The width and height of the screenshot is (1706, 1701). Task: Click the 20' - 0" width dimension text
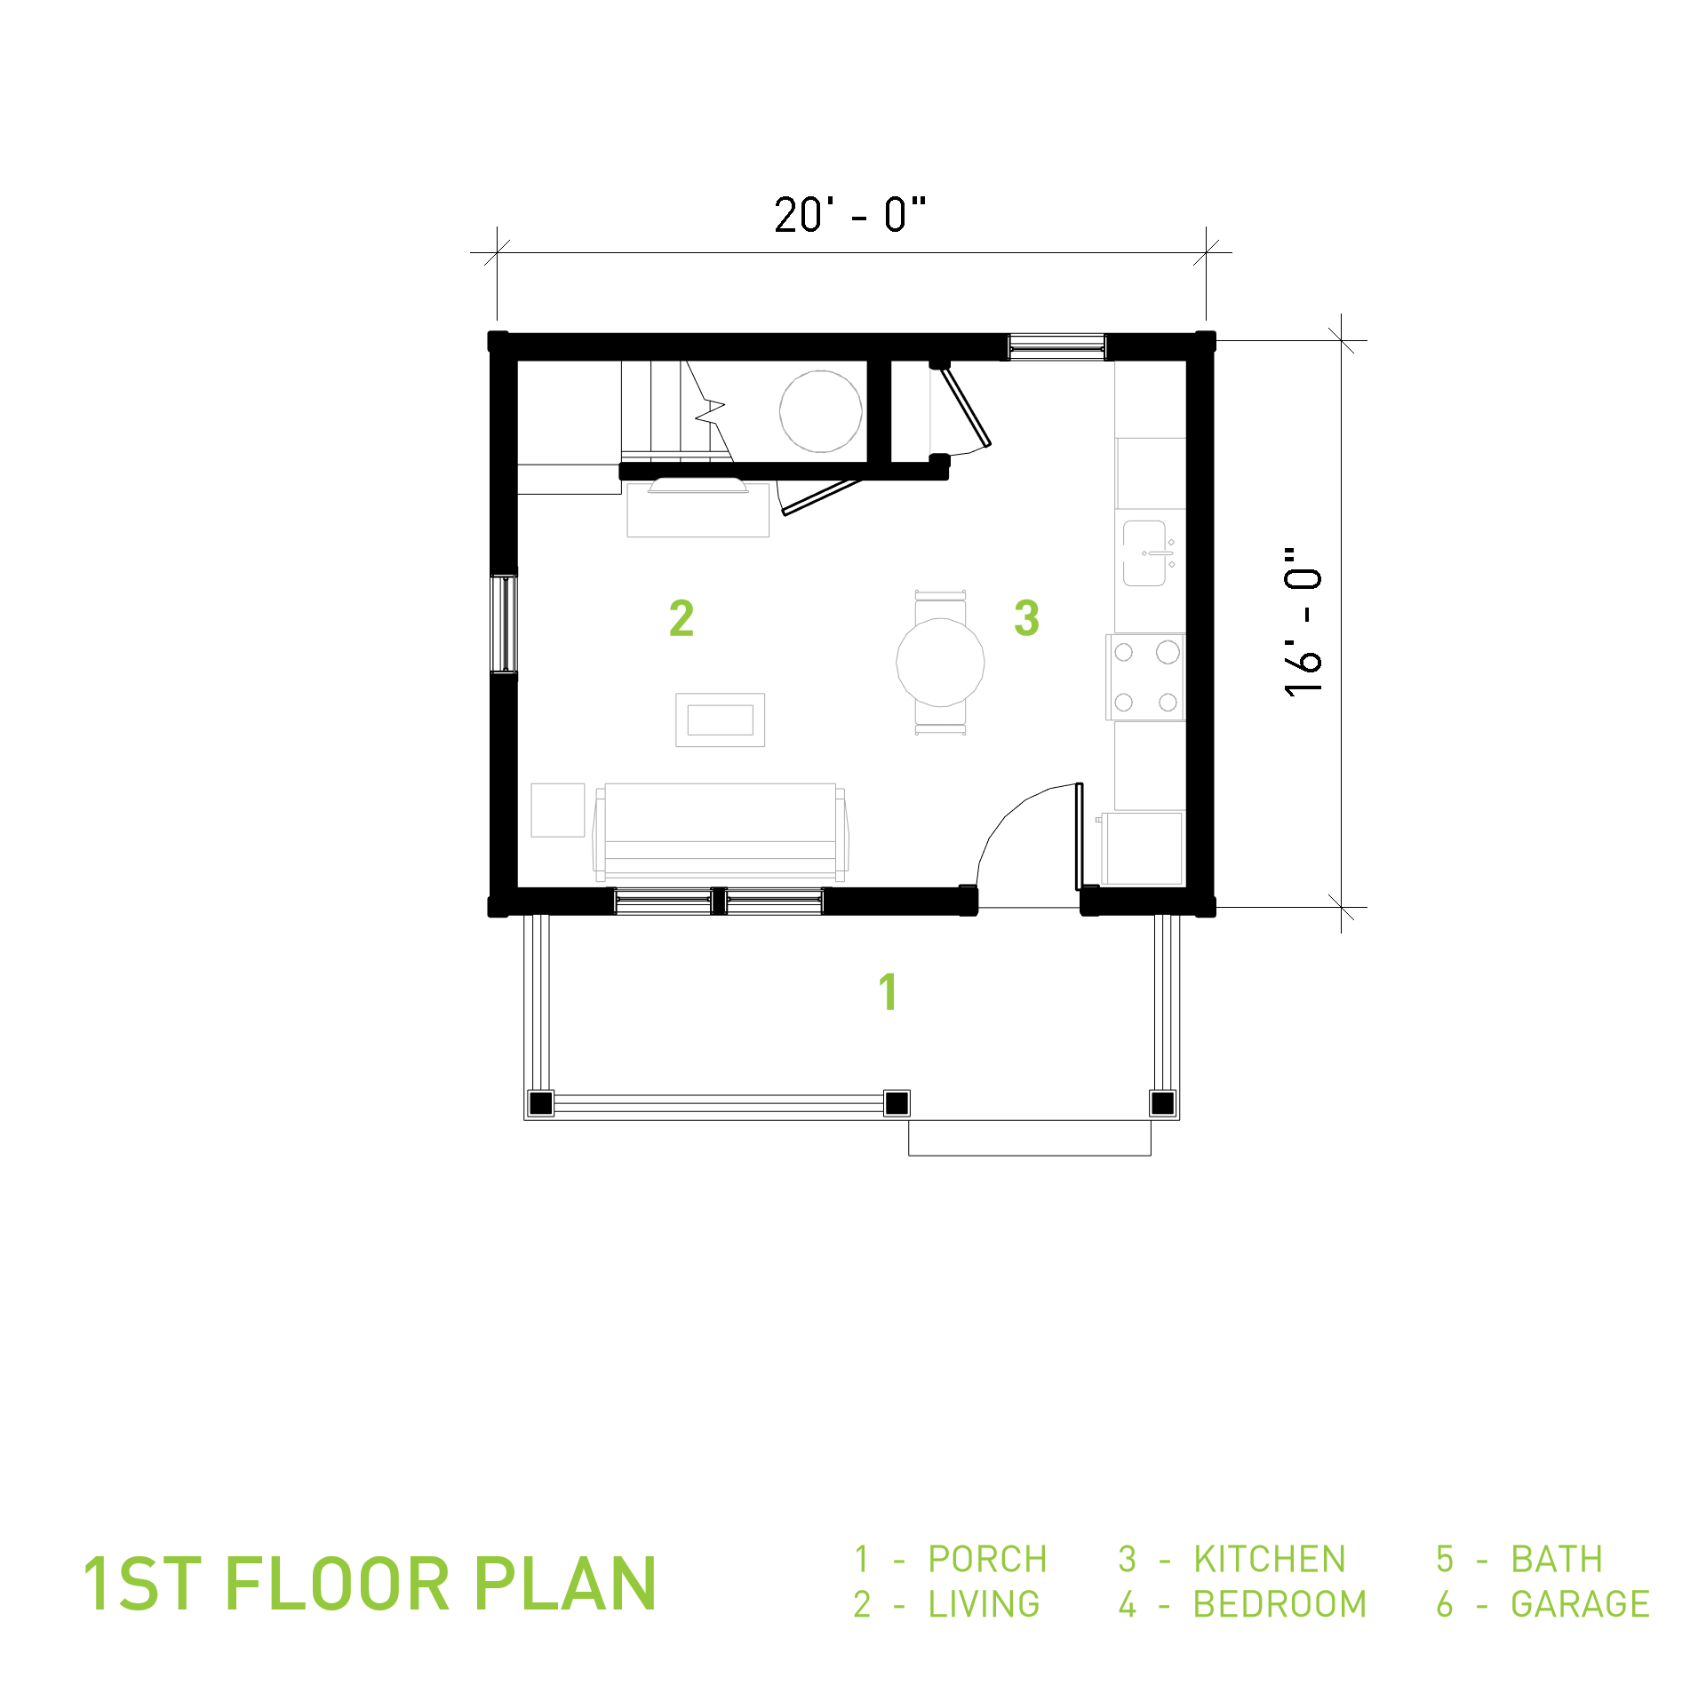coord(849,215)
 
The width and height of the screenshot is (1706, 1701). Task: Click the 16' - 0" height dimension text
coord(1303,621)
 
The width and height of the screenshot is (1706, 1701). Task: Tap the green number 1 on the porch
coord(888,991)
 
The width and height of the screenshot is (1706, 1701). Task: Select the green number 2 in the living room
coord(682,617)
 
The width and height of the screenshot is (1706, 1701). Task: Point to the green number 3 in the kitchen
coord(1026,617)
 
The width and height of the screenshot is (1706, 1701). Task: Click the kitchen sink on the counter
coord(1149,552)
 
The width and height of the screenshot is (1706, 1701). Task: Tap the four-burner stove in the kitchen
coord(1145,676)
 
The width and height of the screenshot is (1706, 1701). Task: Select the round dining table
coord(940,662)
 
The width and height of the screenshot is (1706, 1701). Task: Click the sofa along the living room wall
coord(720,831)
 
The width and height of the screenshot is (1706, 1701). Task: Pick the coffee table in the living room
coord(720,719)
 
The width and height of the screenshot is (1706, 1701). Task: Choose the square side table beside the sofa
coord(558,810)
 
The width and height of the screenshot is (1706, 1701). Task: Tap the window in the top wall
coord(1056,346)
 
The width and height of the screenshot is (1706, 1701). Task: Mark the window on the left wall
coord(504,624)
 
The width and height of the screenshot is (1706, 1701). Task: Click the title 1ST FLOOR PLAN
coord(369,1584)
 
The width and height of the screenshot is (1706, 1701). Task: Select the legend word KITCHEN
coord(1270,1559)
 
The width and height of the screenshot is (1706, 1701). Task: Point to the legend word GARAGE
coord(1580,1604)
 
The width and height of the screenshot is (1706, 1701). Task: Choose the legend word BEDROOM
coord(1279,1604)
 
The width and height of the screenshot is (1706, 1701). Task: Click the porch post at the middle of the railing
coord(897,1103)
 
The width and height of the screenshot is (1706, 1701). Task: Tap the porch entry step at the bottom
coord(1030,1138)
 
